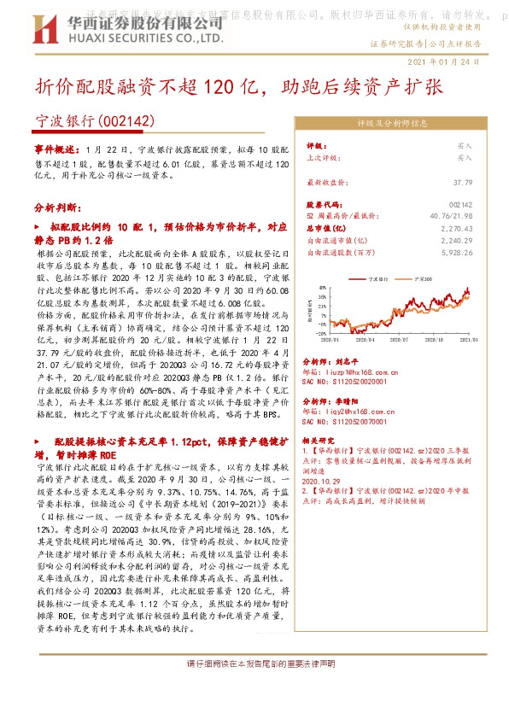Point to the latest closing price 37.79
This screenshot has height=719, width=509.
tap(462, 183)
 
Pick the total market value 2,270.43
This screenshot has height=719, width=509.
tap(457, 229)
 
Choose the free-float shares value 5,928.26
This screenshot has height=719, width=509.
tap(456, 253)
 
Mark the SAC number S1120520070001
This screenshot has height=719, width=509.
tap(346, 422)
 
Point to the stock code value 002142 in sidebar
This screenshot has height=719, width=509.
tap(460, 206)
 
